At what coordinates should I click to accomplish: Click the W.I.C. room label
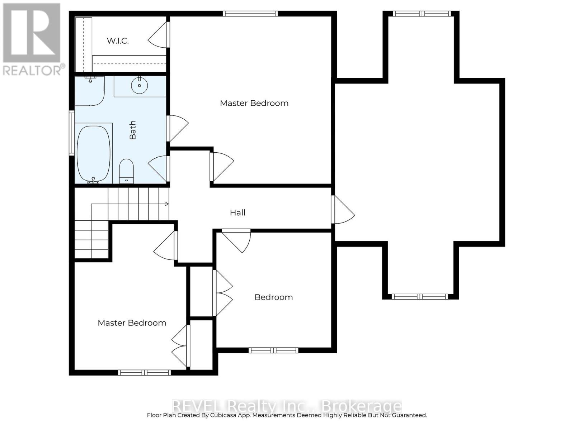tap(118, 41)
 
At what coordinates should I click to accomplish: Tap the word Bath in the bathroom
tap(133, 130)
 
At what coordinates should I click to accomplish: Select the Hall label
tap(237, 213)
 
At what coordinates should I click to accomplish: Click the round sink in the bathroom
tap(140, 85)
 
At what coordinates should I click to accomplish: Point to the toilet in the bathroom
tap(127, 171)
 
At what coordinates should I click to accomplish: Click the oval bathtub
tap(94, 154)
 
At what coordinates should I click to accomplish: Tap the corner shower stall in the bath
tap(89, 91)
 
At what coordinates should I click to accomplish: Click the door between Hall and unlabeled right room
tap(343, 210)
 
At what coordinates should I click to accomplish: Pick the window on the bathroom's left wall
tap(72, 133)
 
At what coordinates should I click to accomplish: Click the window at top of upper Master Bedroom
tap(250, 14)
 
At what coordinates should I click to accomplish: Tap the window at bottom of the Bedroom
tap(273, 350)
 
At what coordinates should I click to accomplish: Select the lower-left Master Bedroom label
tap(132, 323)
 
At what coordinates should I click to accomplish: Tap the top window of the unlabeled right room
tap(422, 14)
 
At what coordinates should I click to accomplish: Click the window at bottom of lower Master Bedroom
tap(144, 373)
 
